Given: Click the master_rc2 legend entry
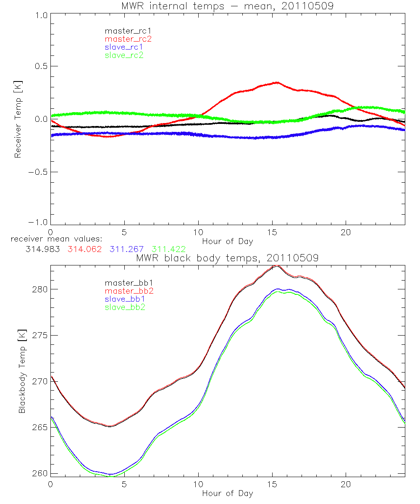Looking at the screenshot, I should (x=128, y=39).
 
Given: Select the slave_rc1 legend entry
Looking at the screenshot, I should (x=124, y=47).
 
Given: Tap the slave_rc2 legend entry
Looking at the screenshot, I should (x=124, y=55).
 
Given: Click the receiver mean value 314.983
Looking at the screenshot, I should (x=42, y=249).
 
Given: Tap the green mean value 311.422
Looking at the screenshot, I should (x=168, y=249).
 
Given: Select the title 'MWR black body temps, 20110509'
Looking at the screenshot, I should (x=227, y=258).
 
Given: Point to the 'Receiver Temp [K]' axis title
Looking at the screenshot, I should (x=18, y=119).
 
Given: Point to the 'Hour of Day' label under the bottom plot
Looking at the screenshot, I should (x=227, y=493).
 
